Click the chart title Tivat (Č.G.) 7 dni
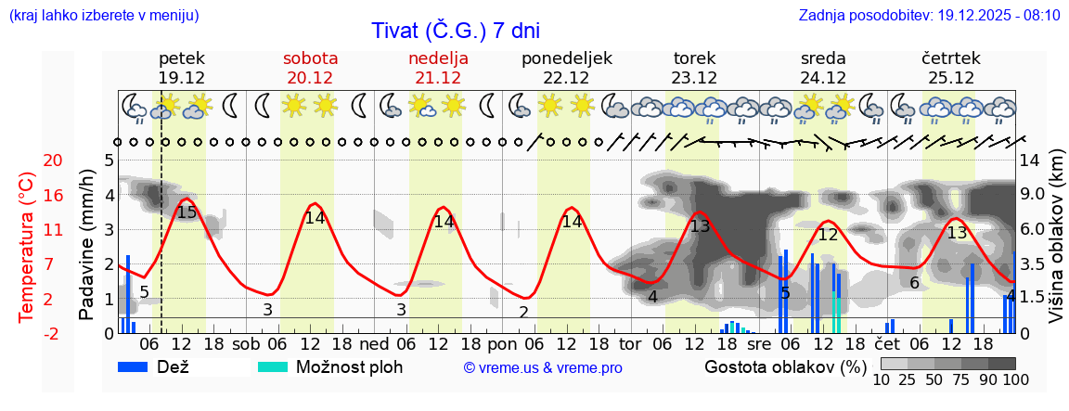pyautogui.click(x=455, y=31)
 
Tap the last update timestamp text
pyautogui.click(x=929, y=15)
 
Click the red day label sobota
pyautogui.click(x=310, y=58)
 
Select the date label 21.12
pyautogui.click(x=438, y=78)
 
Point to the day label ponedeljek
pyautogui.click(x=566, y=58)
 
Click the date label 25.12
pyautogui.click(x=950, y=78)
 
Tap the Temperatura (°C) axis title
pyautogui.click(x=27, y=247)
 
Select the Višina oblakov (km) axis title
pyautogui.click(x=1055, y=245)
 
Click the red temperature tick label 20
pyautogui.click(x=28, y=161)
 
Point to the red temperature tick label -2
pyautogui.click(x=28, y=333)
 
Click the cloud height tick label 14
pyautogui.click(x=1029, y=161)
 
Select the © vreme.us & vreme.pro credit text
pyautogui.click(x=543, y=367)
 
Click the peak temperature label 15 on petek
pyautogui.click(x=187, y=212)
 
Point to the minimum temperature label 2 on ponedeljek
pyautogui.click(x=524, y=312)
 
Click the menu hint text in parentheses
pyautogui.click(x=103, y=15)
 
